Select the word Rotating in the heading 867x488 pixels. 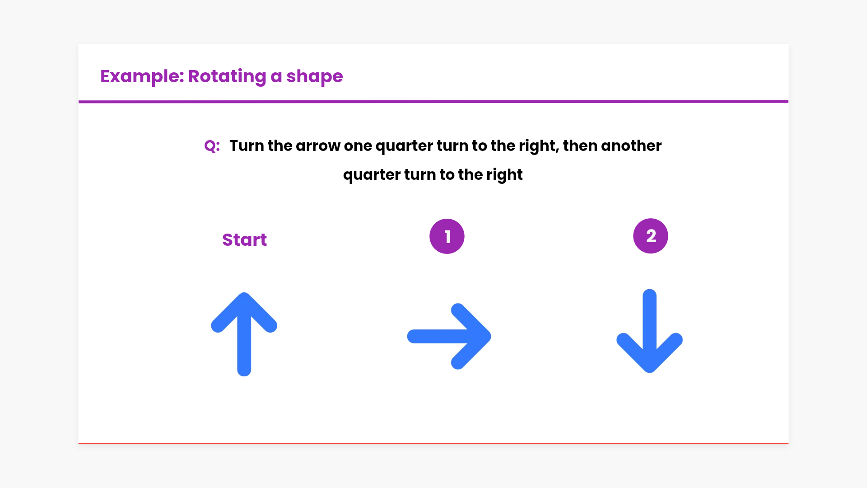[227, 76]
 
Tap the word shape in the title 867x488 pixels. [315, 76]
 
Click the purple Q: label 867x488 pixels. [212, 146]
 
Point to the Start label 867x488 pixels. [244, 239]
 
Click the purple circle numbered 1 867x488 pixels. [447, 236]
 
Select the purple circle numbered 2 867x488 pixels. [651, 236]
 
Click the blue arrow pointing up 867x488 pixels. [244, 334]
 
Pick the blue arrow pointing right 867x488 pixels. [449, 336]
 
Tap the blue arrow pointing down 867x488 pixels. [649, 331]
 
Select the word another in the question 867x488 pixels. [631, 146]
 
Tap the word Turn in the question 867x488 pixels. [247, 145]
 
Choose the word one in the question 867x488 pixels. [358, 146]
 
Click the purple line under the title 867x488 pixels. [433, 102]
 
